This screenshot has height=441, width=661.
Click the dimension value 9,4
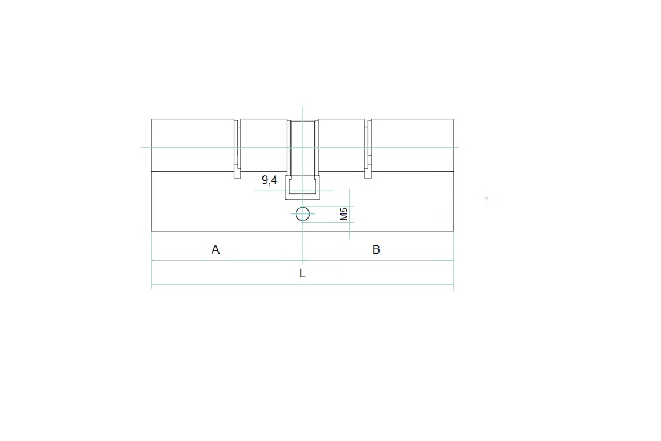[x=270, y=180]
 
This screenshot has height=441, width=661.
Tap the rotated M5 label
[x=343, y=214]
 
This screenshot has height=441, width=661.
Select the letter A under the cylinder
[x=215, y=250]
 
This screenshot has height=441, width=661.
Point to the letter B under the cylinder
[x=376, y=250]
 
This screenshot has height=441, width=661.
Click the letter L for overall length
[x=303, y=273]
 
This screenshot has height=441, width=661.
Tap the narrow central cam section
[x=303, y=147]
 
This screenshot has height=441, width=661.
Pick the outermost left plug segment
[x=193, y=145]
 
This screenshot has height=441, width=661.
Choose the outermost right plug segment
[x=413, y=145]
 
